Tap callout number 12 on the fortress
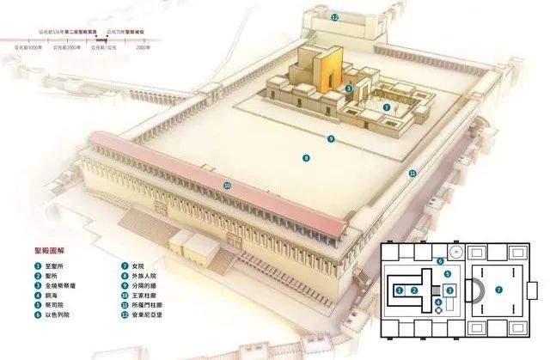(336, 17)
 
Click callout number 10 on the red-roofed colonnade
(227, 185)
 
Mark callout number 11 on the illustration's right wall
(412, 173)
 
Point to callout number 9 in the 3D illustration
(329, 138)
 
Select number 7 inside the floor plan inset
(498, 290)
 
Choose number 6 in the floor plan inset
(439, 261)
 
